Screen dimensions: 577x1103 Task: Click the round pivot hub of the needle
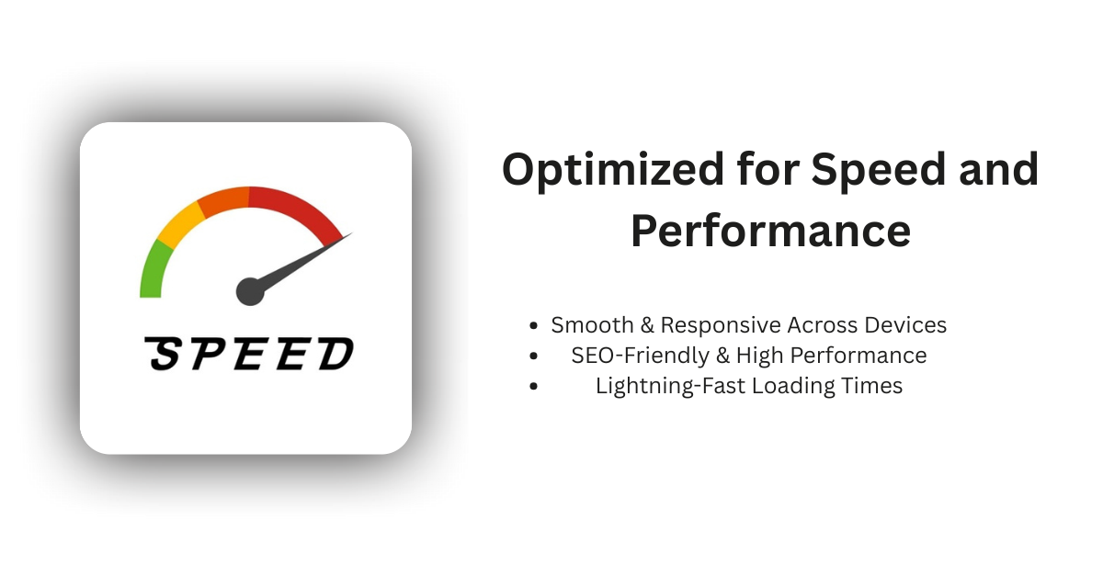250,291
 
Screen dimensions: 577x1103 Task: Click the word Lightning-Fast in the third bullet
670,386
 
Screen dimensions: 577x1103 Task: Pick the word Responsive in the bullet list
722,325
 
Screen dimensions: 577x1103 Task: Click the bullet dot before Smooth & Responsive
534,326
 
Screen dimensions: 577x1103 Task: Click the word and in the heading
999,171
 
